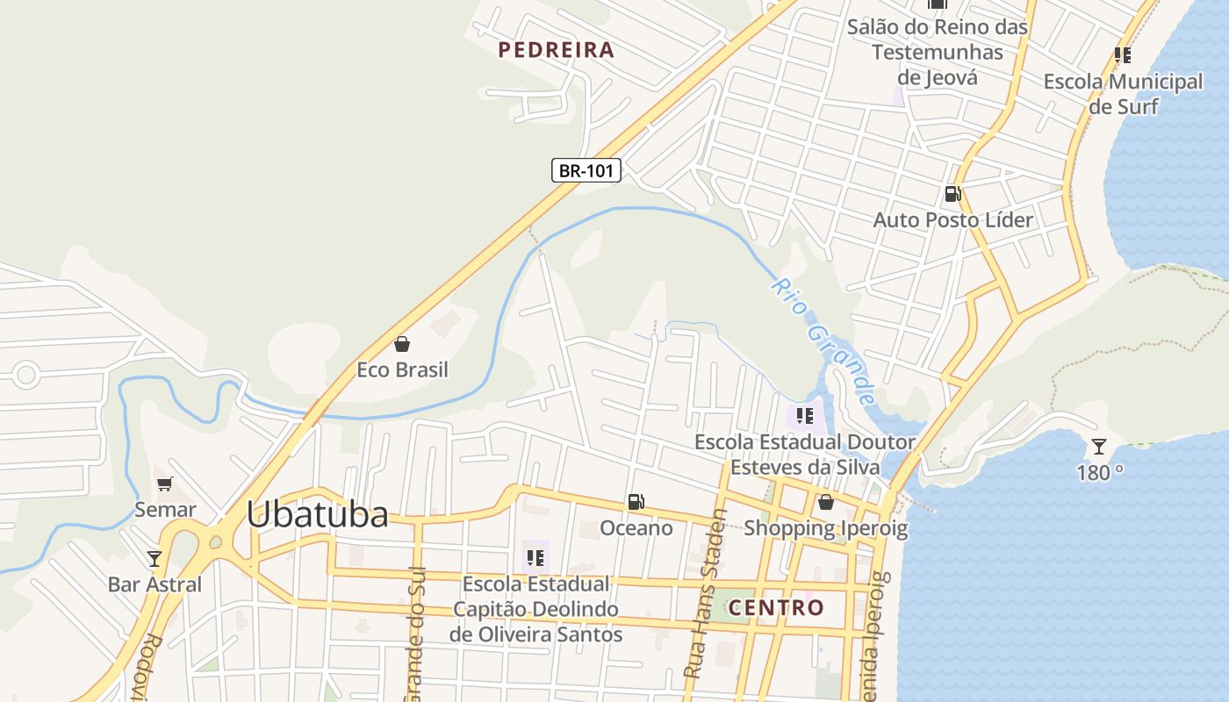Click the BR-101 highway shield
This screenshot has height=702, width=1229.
click(x=586, y=170)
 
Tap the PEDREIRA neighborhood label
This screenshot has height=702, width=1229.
click(x=556, y=50)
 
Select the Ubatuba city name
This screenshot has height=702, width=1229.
click(x=317, y=514)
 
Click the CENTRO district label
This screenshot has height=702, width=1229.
click(x=776, y=607)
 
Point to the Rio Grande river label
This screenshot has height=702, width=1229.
click(x=823, y=341)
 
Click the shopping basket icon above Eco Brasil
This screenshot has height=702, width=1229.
click(x=402, y=344)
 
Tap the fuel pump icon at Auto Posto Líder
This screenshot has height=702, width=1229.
click(x=952, y=194)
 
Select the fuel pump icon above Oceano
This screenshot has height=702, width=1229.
click(x=636, y=502)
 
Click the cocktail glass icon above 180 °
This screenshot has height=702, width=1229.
click(x=1099, y=447)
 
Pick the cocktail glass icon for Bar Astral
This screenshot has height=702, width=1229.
click(x=155, y=558)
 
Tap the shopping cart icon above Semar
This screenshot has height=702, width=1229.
click(x=165, y=484)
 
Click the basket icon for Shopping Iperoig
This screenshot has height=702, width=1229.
click(x=825, y=503)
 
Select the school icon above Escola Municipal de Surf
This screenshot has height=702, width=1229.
click(x=1122, y=55)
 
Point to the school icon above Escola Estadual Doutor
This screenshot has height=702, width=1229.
click(x=804, y=416)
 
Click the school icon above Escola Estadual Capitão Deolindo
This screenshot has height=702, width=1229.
click(x=535, y=557)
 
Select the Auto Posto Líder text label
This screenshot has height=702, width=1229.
click(x=952, y=219)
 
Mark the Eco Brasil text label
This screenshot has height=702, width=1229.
click(x=402, y=369)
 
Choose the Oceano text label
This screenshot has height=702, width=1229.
click(x=636, y=527)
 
